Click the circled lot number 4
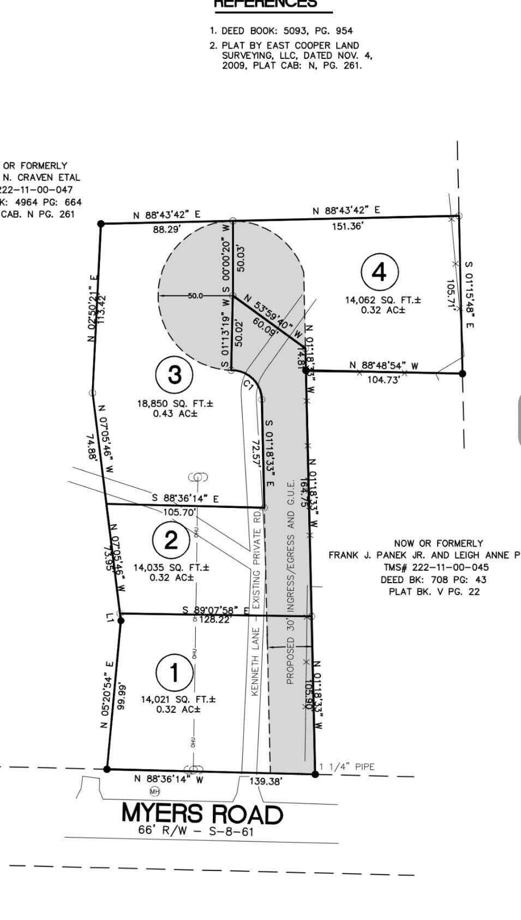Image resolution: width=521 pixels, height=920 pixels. click(x=380, y=271)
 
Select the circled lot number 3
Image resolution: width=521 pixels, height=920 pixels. click(x=175, y=374)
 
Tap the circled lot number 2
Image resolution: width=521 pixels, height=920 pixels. click(x=171, y=540)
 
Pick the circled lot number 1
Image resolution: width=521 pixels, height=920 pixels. click(x=174, y=673)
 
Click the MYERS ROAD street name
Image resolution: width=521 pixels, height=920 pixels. click(x=202, y=814)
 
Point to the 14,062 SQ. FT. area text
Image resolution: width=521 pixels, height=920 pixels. click(x=383, y=300)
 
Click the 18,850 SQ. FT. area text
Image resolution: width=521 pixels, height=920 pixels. click(x=175, y=404)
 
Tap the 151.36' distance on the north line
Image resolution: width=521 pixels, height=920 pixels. click(x=348, y=226)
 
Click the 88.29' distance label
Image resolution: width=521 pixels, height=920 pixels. click(x=166, y=230)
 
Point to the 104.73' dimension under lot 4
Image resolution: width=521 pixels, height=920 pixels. click(x=384, y=379)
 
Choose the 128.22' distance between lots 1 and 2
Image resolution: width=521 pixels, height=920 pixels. click(x=215, y=620)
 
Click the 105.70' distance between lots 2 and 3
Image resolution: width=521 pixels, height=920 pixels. click(x=179, y=512)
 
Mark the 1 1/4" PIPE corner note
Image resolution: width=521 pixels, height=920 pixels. click(x=347, y=767)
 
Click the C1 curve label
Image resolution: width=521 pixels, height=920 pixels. click(x=249, y=385)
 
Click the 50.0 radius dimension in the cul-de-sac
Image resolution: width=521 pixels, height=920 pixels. click(x=195, y=296)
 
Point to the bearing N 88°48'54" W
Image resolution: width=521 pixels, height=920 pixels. click(x=384, y=365)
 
